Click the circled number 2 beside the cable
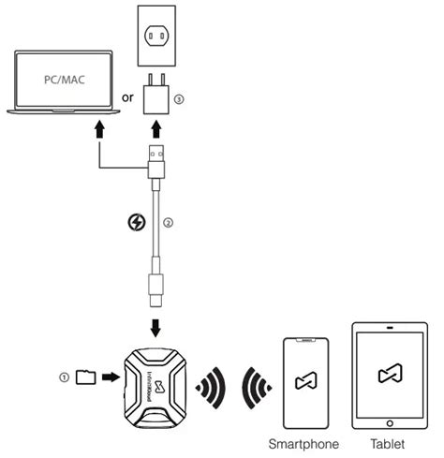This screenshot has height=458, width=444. click(167, 222)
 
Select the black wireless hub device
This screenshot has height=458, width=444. click(155, 383)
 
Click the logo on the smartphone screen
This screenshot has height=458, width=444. click(303, 381)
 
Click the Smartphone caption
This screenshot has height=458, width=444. click(303, 444)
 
